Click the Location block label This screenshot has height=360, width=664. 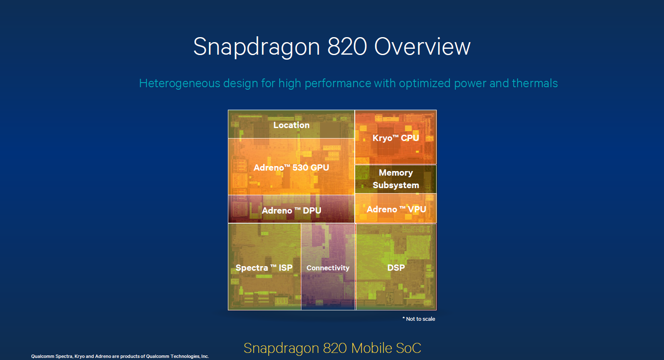(x=291, y=125)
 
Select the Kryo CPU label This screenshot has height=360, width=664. (x=396, y=138)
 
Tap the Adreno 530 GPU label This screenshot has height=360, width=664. (x=291, y=167)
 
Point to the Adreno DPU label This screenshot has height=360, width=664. (x=291, y=210)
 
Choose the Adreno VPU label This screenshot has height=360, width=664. (x=396, y=209)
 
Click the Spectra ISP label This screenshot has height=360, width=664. (x=264, y=267)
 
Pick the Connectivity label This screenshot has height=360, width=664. (x=328, y=268)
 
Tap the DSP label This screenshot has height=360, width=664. (x=396, y=267)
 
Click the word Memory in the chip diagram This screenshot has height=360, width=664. (x=396, y=173)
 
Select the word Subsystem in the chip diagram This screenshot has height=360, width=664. (x=396, y=185)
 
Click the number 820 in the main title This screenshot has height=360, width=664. (x=347, y=47)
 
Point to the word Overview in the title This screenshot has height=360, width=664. (x=422, y=47)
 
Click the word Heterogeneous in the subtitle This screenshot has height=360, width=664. (x=179, y=83)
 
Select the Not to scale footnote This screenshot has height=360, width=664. (x=419, y=319)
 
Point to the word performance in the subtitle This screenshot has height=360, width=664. (x=338, y=83)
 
